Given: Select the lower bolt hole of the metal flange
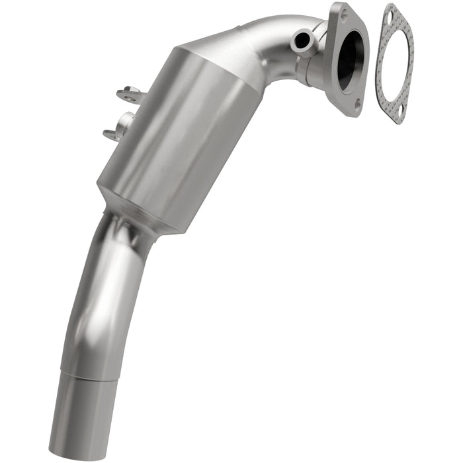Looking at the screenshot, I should pos(357,103).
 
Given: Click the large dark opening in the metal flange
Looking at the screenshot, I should pos(351,60).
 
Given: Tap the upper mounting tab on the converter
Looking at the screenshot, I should pos(131,95).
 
